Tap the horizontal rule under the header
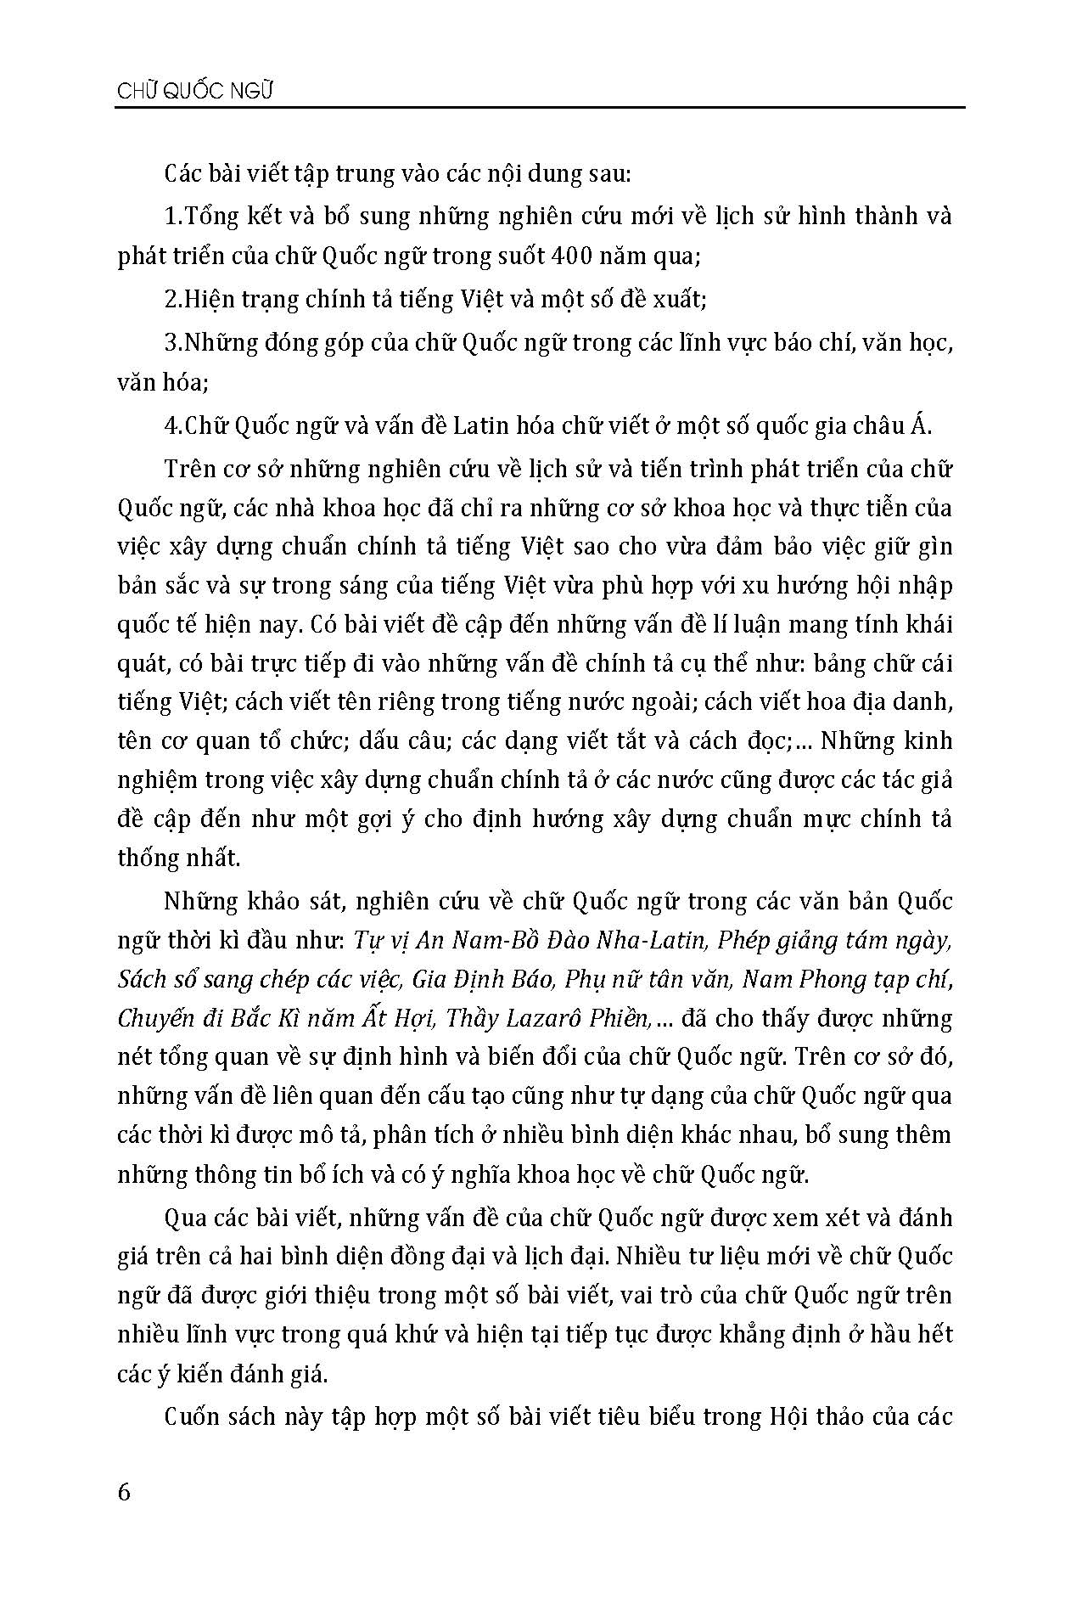point(541,108)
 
